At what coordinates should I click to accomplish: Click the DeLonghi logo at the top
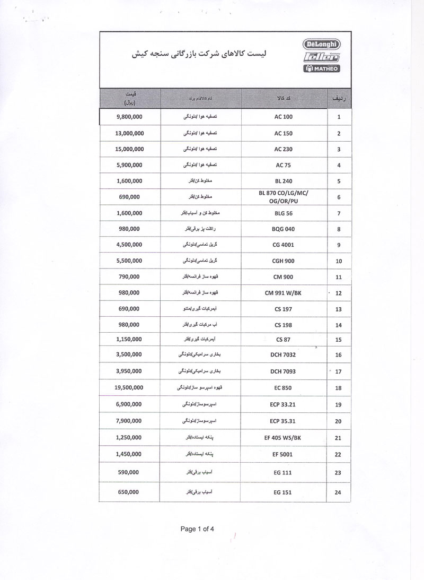pos(322,44)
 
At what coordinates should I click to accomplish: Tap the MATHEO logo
pos(322,68)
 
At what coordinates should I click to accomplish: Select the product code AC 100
pos(284,116)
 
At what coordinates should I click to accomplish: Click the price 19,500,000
pos(128,388)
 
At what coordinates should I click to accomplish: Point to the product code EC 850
pos(284,388)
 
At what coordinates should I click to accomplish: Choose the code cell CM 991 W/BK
pos(284,292)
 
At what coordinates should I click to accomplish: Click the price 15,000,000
pos(128,149)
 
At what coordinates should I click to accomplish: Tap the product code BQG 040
pos(284,229)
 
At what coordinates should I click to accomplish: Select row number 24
pos(339,492)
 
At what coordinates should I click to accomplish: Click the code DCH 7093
pos(284,371)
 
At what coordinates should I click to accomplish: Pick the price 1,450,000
pos(128,454)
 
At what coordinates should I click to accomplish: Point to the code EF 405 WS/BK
pos(284,438)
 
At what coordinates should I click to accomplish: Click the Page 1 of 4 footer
pos(200,529)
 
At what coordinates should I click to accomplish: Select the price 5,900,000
pos(128,165)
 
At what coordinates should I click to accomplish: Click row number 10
pos(339,261)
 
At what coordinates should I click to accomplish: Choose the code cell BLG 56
pos(284,213)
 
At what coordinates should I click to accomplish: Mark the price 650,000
pos(128,492)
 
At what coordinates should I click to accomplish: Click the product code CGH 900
pos(284,261)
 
